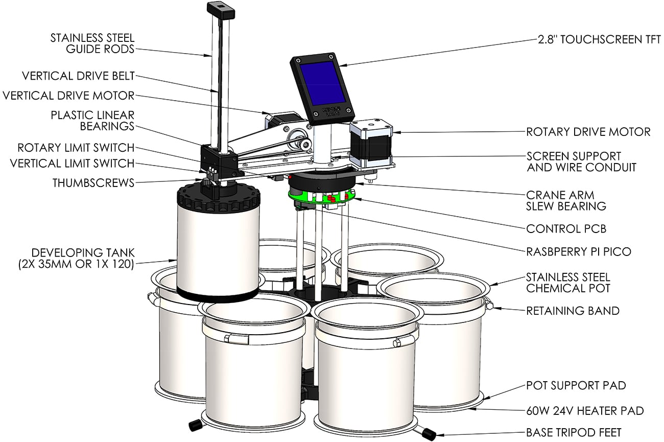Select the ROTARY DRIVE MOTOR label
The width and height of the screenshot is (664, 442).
point(588,132)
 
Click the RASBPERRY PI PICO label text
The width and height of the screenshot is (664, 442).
point(579,251)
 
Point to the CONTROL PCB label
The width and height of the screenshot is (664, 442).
point(566,229)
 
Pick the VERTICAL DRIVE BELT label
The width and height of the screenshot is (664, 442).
point(78,76)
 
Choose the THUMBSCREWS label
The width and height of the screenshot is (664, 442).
point(94,182)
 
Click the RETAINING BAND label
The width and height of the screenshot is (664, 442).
point(573,310)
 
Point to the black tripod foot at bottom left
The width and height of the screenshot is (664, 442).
point(194,425)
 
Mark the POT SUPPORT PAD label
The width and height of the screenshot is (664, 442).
point(576,385)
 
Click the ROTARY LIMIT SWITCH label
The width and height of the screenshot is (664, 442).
point(76,148)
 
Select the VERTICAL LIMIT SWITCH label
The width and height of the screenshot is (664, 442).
point(73,164)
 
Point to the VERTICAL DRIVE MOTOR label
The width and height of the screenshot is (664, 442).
point(68,96)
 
